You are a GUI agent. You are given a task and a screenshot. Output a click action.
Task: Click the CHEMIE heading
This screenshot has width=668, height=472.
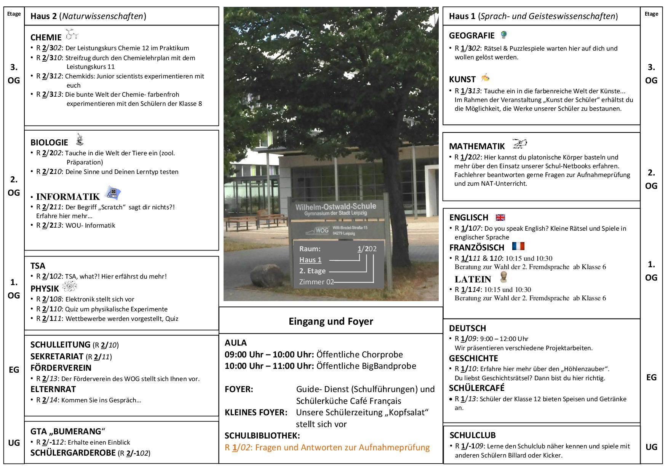point(46,37)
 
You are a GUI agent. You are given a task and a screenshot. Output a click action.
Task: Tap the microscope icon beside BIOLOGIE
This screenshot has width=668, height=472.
point(80,140)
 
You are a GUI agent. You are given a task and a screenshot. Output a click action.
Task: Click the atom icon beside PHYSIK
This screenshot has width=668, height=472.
point(69,287)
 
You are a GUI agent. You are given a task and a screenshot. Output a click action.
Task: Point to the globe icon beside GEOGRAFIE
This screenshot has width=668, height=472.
point(504,35)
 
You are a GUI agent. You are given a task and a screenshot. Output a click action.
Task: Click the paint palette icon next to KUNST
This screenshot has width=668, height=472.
point(485,78)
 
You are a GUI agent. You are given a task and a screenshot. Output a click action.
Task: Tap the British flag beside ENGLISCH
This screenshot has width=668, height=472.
point(500,217)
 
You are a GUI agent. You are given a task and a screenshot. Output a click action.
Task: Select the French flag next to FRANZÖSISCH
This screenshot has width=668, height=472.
point(518,246)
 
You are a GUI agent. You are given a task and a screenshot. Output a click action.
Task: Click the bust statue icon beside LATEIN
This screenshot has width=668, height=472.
point(503,277)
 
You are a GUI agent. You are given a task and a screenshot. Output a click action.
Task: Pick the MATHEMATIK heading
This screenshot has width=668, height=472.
point(476,146)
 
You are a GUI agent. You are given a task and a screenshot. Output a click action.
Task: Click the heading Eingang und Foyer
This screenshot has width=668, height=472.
point(331,321)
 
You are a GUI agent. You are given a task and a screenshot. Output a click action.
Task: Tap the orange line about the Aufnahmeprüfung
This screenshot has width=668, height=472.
point(327,447)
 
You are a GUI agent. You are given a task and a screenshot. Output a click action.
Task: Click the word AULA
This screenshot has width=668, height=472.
point(236,343)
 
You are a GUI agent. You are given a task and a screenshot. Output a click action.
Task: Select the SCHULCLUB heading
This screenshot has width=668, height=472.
point(472,435)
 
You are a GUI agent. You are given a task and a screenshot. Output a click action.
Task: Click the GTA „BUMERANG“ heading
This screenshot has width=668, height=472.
point(67,431)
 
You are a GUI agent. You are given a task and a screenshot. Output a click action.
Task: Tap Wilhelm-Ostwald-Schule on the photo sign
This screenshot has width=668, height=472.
point(336,207)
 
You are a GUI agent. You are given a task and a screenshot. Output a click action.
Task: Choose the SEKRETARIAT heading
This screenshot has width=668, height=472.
point(57,356)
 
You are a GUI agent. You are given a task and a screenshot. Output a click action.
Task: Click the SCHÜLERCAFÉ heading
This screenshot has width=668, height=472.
point(476,388)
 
